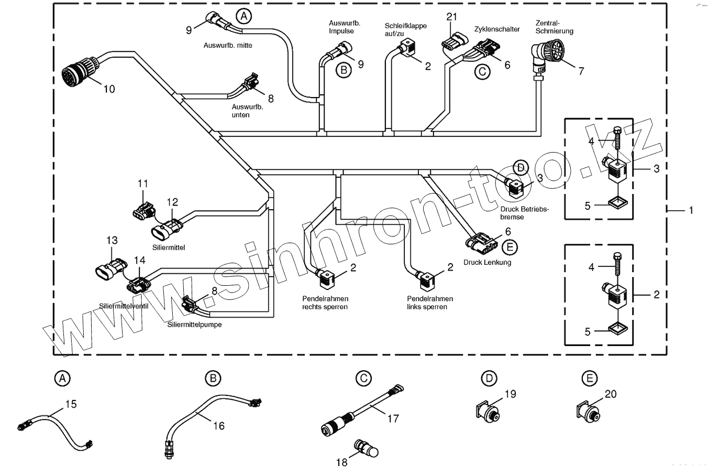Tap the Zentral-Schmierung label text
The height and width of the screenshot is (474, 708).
click(554, 27)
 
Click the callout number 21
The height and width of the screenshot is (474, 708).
click(451, 17)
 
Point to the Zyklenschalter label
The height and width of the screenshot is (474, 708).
click(496, 29)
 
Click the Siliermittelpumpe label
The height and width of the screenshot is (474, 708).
click(194, 325)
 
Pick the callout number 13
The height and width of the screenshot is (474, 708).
click(112, 240)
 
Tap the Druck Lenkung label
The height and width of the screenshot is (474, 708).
click(487, 262)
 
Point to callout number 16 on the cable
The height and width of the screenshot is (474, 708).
click(219, 426)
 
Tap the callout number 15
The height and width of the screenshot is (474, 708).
click(71, 404)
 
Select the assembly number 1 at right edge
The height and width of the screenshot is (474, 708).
click(691, 210)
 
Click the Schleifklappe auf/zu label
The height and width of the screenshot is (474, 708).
click(405, 30)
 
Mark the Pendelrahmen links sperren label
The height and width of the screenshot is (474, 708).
click(429, 303)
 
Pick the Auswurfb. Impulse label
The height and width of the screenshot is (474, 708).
click(341, 27)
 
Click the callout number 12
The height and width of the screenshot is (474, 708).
click(172, 202)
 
